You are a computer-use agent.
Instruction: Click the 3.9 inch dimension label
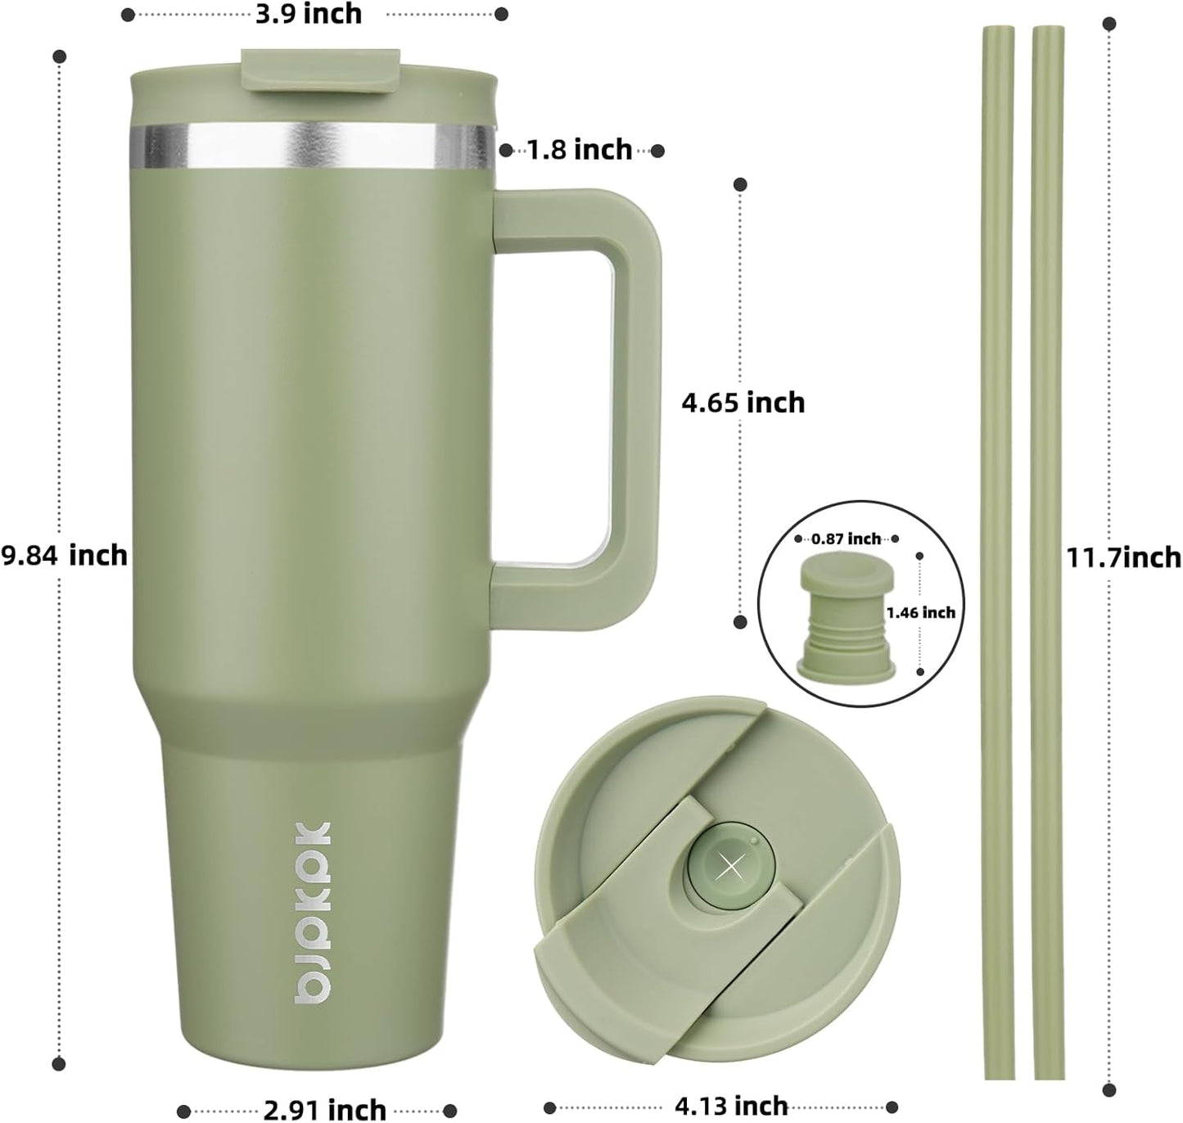(309, 14)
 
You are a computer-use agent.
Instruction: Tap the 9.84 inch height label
(64, 556)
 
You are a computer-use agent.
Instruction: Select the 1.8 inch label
(580, 150)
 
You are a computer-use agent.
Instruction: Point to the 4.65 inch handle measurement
(743, 403)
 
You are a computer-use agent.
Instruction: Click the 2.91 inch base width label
(325, 1109)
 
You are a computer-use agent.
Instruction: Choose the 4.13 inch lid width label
(731, 1106)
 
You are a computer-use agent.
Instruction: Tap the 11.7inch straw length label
(1123, 557)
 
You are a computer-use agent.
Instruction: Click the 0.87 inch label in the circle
(847, 539)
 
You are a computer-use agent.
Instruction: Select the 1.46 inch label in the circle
(921, 612)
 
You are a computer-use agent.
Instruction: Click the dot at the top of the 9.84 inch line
(59, 56)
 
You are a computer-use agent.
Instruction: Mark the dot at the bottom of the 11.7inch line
(1108, 1090)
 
